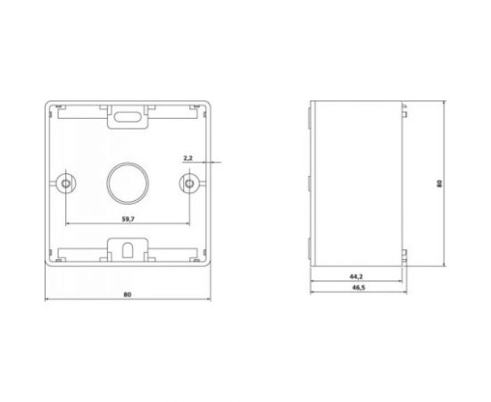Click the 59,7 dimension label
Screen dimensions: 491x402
tap(128, 219)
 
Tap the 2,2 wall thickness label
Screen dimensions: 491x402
tap(187, 158)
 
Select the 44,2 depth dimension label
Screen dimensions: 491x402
tap(356, 276)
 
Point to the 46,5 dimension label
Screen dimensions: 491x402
tap(359, 288)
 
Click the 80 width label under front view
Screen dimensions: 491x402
tap(127, 295)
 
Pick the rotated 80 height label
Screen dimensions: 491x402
tap(439, 184)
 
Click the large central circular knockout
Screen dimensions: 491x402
tap(128, 183)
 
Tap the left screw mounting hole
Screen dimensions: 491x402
tap(66, 183)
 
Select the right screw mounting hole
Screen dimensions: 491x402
tap(189, 183)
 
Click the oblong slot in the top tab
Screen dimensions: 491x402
tap(128, 117)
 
